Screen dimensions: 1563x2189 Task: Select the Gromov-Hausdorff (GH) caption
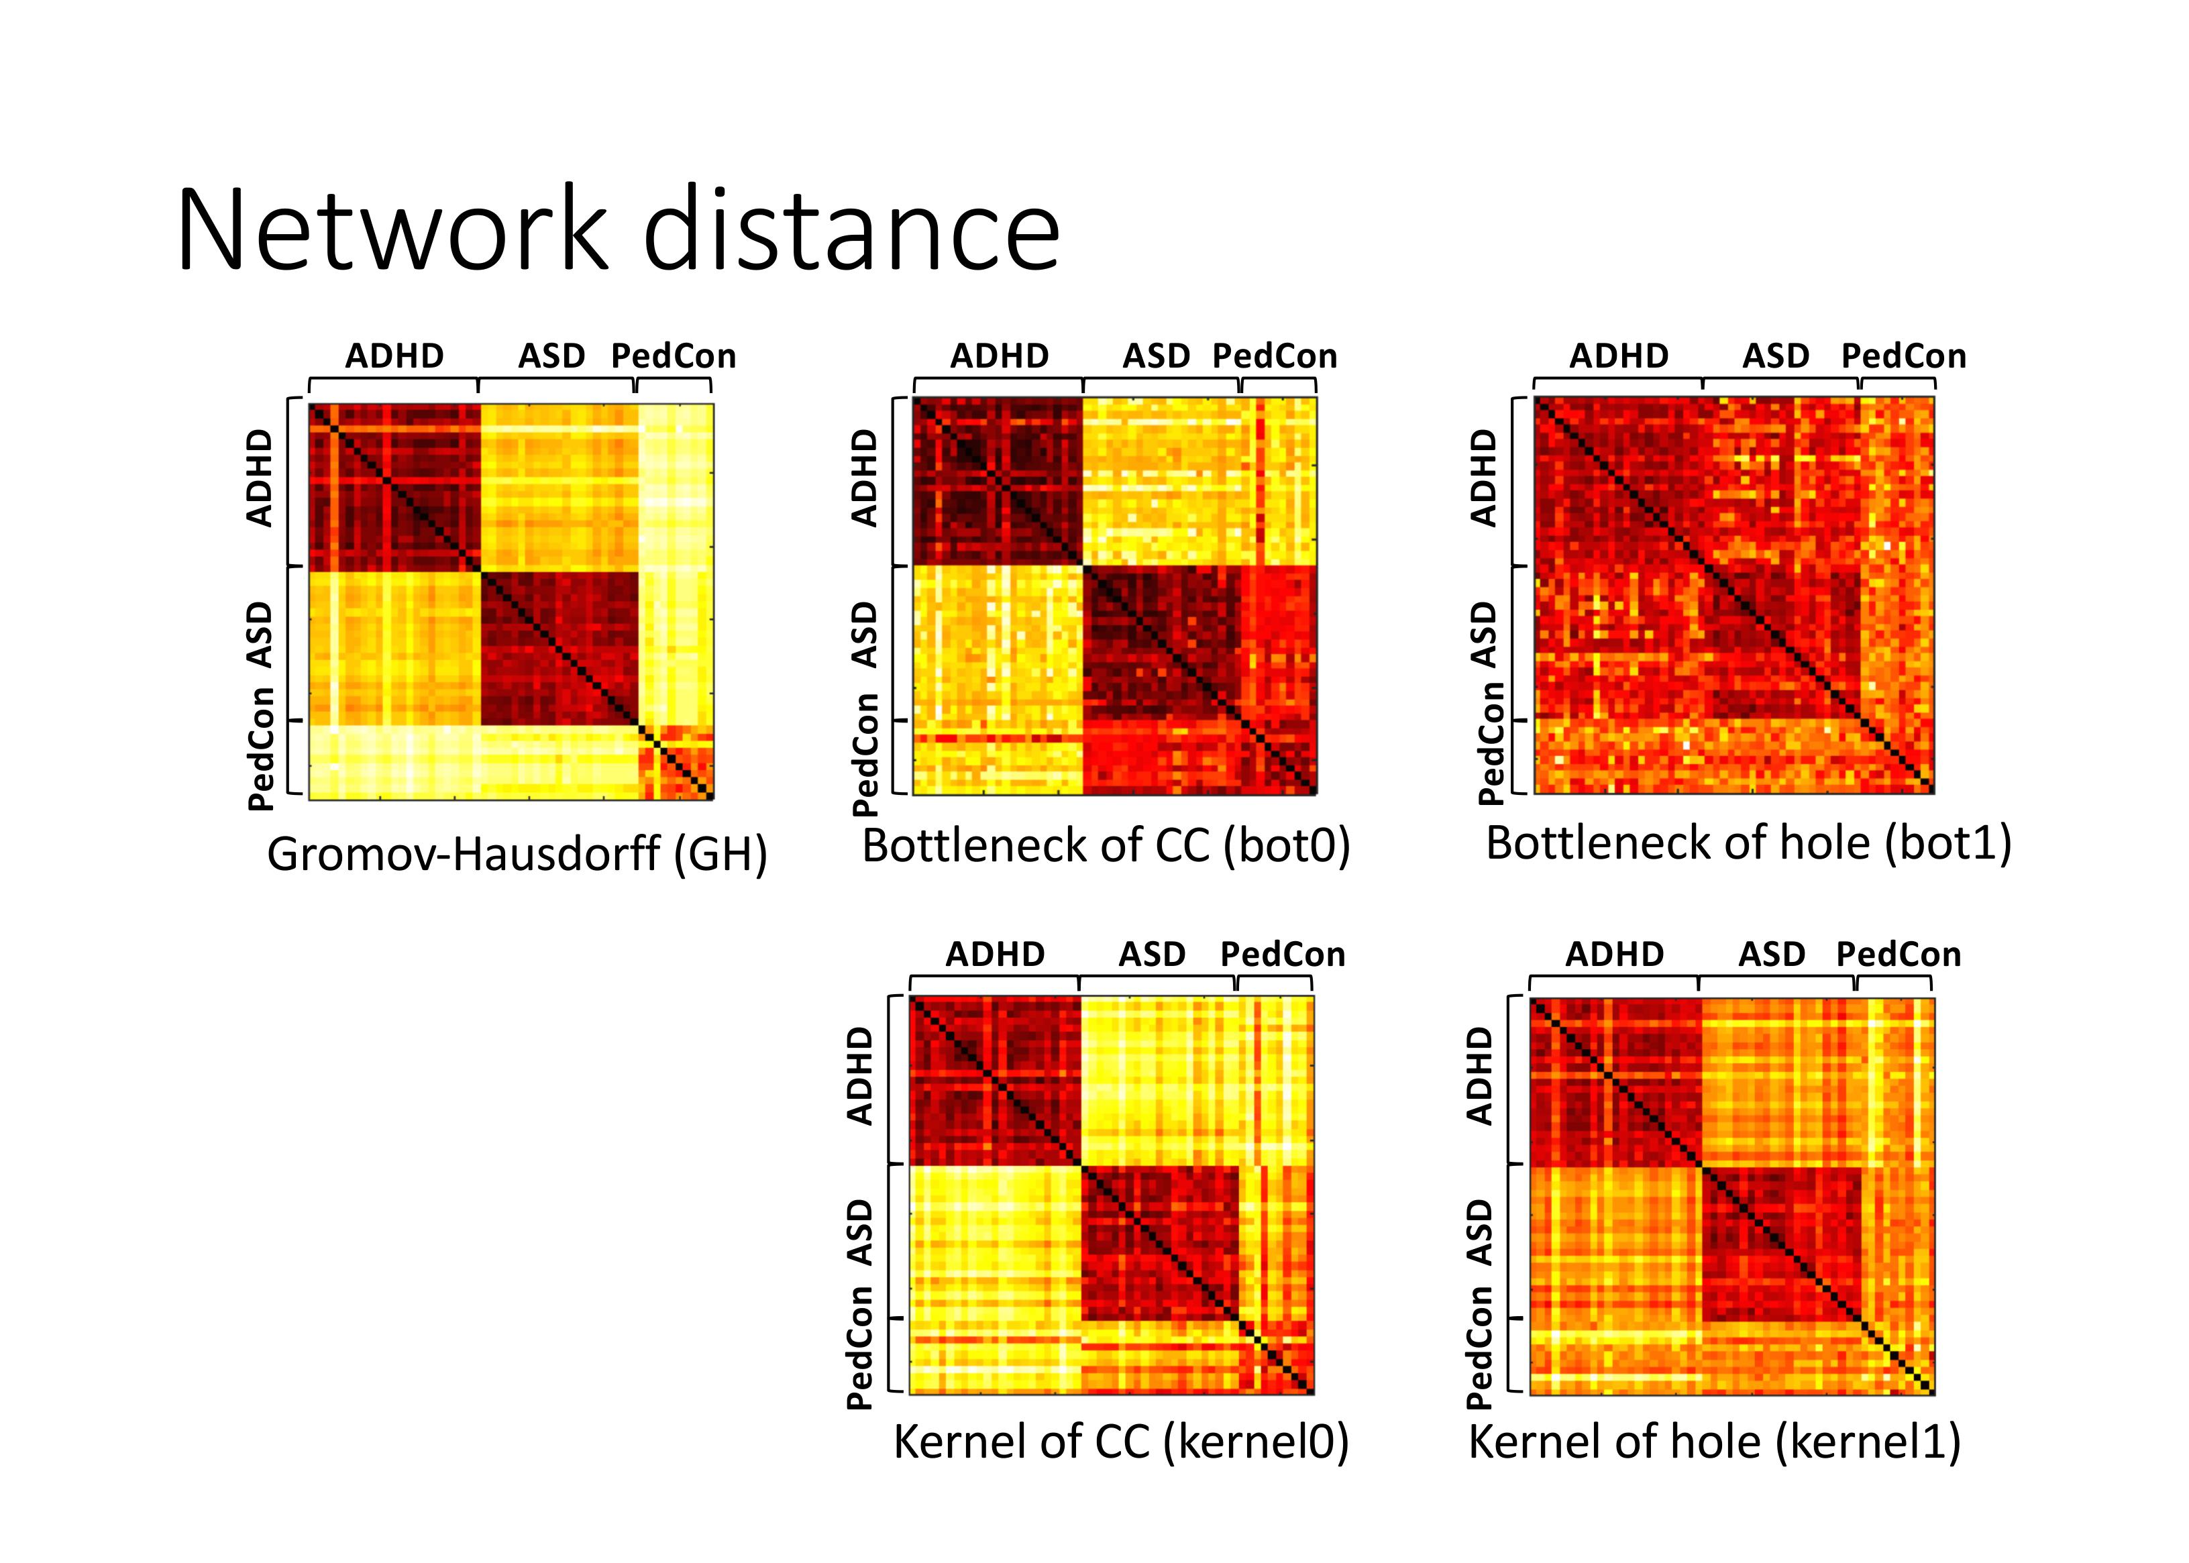[x=517, y=855]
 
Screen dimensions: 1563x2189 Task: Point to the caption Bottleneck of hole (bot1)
[x=1748, y=843]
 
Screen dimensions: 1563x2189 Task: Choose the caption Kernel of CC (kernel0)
[x=1120, y=1442]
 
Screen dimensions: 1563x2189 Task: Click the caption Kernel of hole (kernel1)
[x=1715, y=1442]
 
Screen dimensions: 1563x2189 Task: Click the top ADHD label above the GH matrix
[x=394, y=356]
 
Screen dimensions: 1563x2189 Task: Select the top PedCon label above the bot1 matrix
[x=1903, y=356]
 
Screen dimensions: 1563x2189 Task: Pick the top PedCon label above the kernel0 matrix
[x=1282, y=954]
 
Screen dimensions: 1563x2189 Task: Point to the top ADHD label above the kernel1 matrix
[x=1614, y=954]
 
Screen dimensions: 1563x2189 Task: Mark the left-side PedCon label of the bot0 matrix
[x=865, y=755]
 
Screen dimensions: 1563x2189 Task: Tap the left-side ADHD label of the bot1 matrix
[x=1485, y=478]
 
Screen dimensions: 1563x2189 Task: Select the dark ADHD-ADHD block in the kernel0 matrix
[x=996, y=1081]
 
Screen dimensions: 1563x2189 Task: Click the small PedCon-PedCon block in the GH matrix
[x=677, y=762]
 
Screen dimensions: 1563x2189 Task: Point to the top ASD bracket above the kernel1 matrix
[x=1776, y=981]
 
